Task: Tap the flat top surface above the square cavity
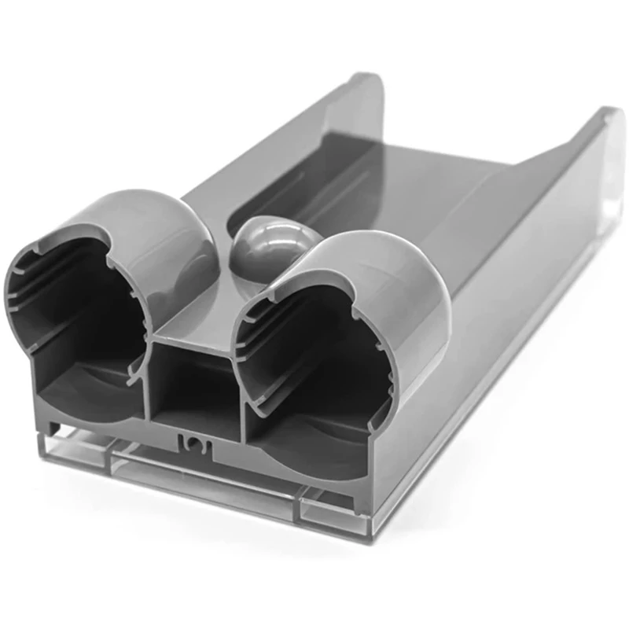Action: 197,314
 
